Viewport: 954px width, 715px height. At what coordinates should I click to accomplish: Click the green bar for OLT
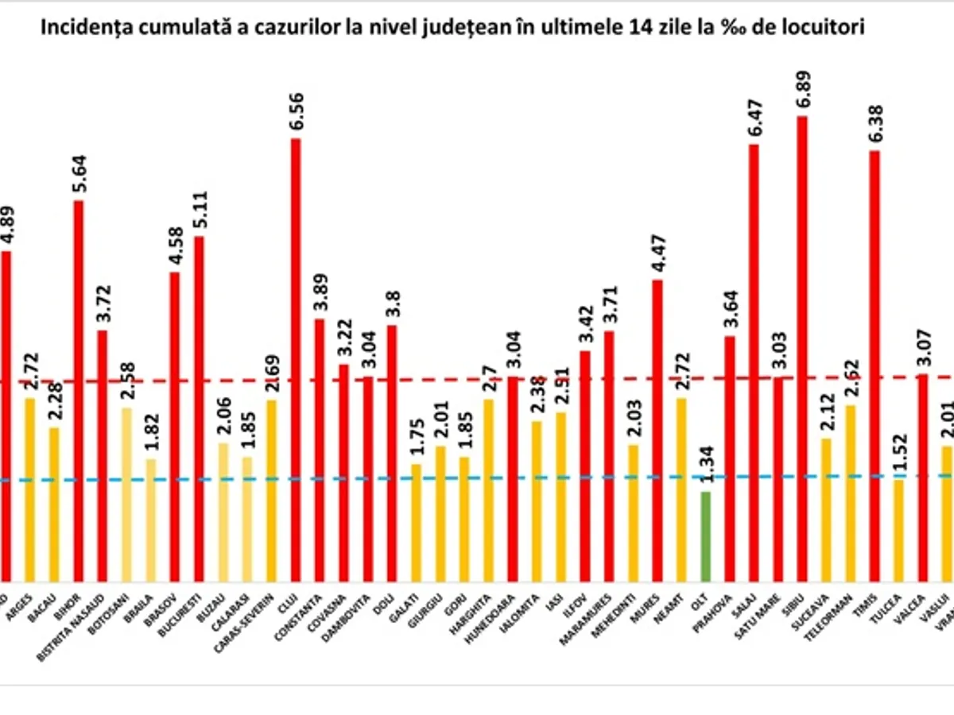pyautogui.click(x=705, y=538)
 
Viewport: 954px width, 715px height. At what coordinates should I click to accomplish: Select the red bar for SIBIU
pyautogui.click(x=801, y=350)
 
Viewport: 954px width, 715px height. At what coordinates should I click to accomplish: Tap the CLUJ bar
pyautogui.click(x=296, y=361)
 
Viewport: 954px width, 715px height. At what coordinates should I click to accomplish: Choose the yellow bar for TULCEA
pyautogui.click(x=898, y=531)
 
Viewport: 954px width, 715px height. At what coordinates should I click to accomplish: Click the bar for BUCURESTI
pyautogui.click(x=199, y=410)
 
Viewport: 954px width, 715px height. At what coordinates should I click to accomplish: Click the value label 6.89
pyautogui.click(x=802, y=90)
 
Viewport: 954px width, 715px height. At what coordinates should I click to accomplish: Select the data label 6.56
pyautogui.click(x=296, y=112)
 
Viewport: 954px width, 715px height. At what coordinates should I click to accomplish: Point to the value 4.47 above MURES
pyautogui.click(x=657, y=253)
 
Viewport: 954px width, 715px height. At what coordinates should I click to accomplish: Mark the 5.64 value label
pyautogui.click(x=79, y=174)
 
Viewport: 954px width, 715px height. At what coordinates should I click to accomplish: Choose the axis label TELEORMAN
pyautogui.click(x=836, y=612)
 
